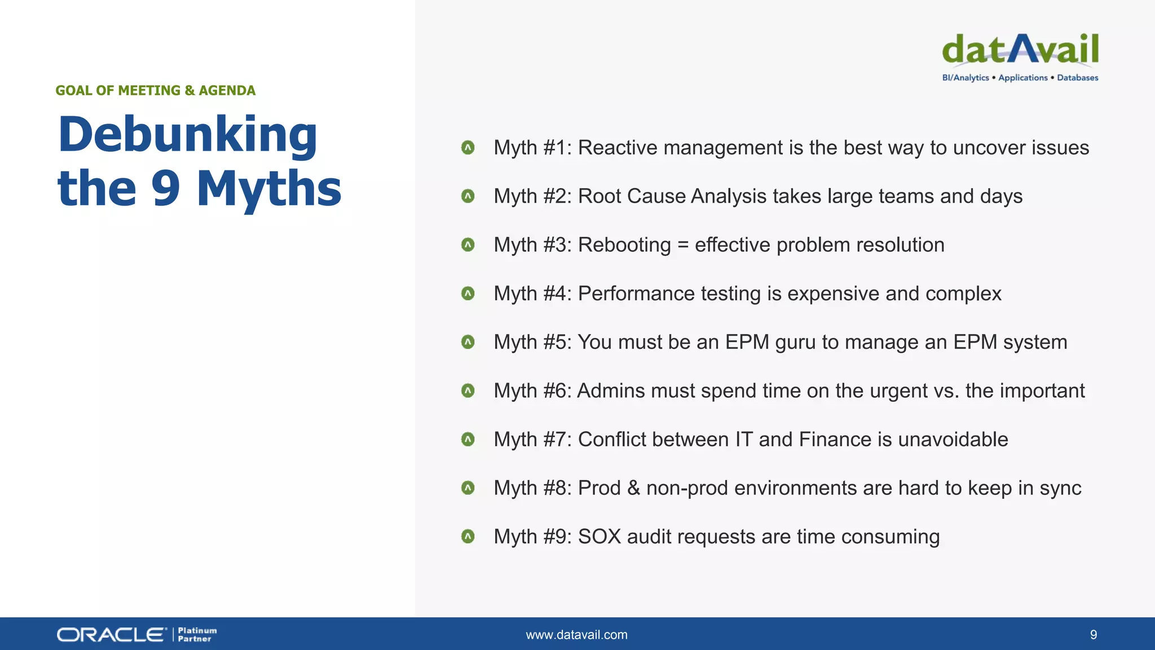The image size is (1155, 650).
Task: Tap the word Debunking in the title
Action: click(188, 135)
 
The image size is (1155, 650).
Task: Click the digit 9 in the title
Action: click(165, 189)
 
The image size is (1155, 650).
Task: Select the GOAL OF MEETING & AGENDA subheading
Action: click(155, 91)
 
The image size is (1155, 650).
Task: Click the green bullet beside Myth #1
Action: click(468, 148)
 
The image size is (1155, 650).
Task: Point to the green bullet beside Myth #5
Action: click(468, 342)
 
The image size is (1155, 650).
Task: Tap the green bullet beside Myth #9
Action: click(468, 536)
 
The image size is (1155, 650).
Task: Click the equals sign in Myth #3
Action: click(683, 245)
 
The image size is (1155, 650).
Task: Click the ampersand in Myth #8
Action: click(633, 488)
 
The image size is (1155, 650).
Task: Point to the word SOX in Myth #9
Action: click(599, 537)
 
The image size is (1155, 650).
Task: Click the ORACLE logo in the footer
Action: click(112, 635)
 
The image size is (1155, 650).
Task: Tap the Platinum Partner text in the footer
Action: click(197, 635)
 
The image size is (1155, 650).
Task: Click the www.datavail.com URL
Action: click(576, 635)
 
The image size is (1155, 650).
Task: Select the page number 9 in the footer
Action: click(1093, 635)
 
